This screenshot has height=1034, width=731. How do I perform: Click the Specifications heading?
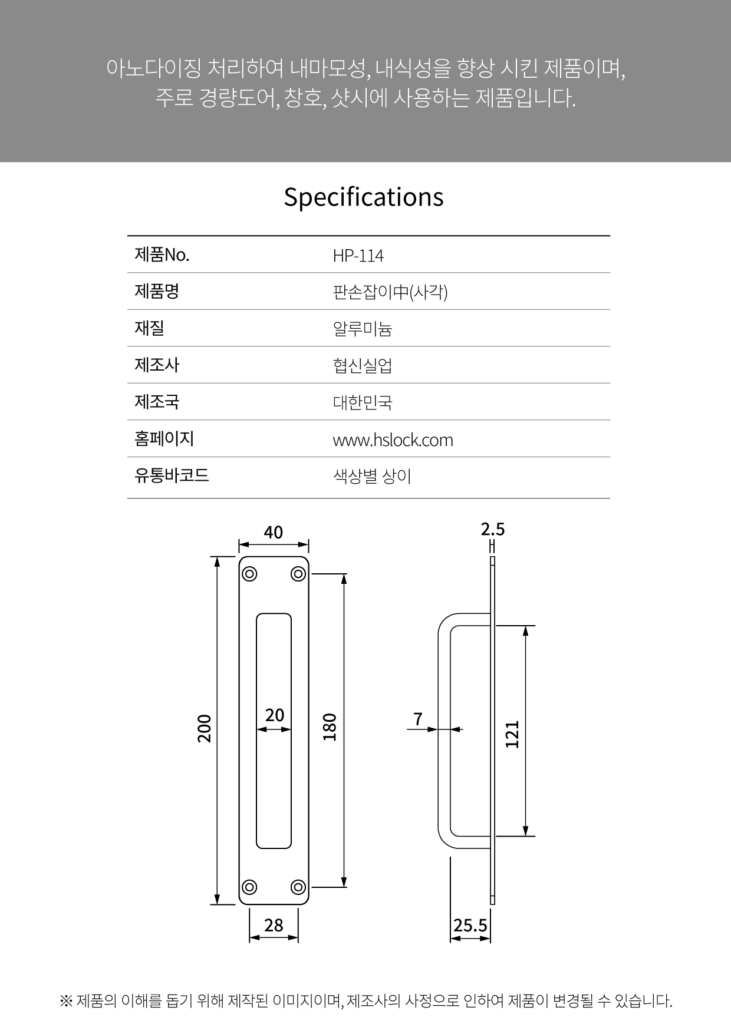(364, 197)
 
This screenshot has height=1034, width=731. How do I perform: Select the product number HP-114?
(358, 256)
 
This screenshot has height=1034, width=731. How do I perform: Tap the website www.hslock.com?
(393, 440)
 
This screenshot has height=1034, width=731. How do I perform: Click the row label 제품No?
(162, 255)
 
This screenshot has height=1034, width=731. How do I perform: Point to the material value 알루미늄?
(363, 329)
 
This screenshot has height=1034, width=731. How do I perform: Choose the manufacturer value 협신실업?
(363, 366)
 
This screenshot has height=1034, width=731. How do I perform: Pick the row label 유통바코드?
(172, 475)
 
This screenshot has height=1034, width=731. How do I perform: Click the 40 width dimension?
(274, 532)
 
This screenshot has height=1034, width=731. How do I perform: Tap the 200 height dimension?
(204, 728)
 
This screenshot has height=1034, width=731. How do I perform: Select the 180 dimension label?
(330, 727)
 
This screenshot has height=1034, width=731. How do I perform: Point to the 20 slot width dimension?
(275, 715)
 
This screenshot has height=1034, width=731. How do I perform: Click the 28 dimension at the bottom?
(274, 925)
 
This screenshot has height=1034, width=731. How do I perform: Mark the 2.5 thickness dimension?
(493, 529)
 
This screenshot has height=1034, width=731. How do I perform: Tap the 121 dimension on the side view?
(513, 734)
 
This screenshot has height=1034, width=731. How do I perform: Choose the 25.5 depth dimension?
(470, 926)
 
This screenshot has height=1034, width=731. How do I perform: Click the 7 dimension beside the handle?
(418, 719)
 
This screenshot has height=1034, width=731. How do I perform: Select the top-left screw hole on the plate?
(249, 574)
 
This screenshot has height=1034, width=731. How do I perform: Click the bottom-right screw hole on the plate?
(298, 887)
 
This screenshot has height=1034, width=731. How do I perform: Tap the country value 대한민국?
(363, 402)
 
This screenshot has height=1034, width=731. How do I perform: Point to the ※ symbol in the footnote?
(65, 1000)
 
